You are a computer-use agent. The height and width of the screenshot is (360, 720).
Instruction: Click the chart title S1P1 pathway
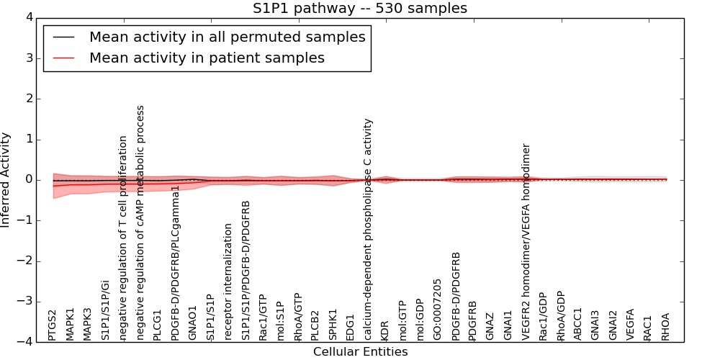point(359,9)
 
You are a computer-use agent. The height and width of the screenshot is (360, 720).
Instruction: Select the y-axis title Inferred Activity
point(6,179)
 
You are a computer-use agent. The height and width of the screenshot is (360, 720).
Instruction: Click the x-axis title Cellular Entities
point(360,352)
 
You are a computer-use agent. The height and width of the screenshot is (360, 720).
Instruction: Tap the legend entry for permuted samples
point(227,37)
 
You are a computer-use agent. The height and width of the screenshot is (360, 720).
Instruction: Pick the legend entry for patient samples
point(207,58)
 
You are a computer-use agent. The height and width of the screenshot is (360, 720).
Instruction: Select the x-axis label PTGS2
point(53,325)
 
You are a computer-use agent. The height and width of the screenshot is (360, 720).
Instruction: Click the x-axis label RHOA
point(666,326)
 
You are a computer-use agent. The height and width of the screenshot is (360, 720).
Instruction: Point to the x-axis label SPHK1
point(333,325)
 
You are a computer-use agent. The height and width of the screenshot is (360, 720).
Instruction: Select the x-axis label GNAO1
point(192,323)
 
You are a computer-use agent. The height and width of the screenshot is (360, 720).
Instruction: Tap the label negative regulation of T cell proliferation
point(123,238)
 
